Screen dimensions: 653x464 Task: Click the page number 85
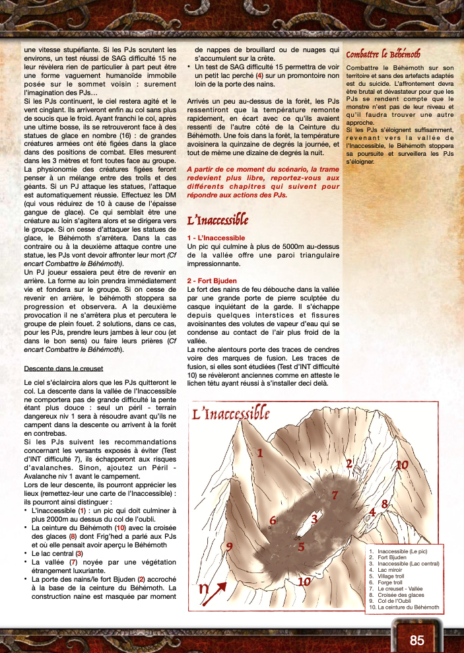coord(416,640)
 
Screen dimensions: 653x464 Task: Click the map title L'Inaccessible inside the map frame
coord(230,414)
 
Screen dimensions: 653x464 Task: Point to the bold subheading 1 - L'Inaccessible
coord(216,237)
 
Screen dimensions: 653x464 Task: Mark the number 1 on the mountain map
coord(260,453)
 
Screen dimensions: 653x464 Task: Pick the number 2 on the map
coord(349,463)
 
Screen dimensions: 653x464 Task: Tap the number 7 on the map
coord(335,495)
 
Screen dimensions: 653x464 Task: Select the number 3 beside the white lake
coord(314,519)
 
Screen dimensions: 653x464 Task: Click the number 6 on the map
coord(273,521)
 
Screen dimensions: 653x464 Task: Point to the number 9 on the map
coord(230,547)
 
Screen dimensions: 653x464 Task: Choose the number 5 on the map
coord(300,546)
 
